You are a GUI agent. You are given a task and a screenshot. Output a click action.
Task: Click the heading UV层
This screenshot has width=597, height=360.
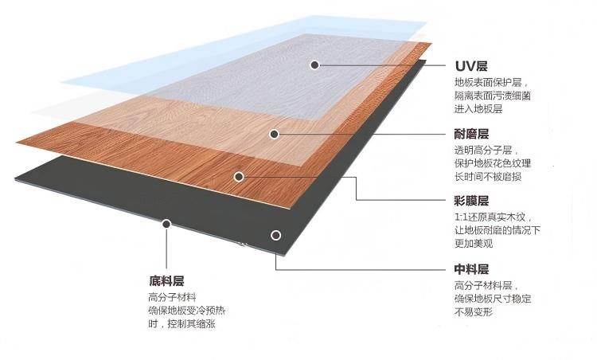471,65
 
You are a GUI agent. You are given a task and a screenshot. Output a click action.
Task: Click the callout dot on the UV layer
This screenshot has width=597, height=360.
316,65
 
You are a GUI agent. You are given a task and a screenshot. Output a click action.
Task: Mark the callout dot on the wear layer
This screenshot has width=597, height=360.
274,133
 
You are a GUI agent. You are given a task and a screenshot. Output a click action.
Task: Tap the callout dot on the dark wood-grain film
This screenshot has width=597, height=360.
238,175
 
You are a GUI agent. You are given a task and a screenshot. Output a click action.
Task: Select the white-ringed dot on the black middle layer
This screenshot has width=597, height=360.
275,235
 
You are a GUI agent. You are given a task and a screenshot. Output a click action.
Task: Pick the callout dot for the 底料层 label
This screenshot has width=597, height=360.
166,225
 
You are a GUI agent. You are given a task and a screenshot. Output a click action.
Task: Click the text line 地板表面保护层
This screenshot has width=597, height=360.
491,82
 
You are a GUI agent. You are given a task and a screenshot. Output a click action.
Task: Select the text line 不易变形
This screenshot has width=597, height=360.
474,312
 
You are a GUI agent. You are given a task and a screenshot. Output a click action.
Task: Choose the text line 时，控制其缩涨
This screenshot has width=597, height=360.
182,324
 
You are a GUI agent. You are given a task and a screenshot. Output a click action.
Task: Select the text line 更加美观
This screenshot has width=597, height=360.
474,244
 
